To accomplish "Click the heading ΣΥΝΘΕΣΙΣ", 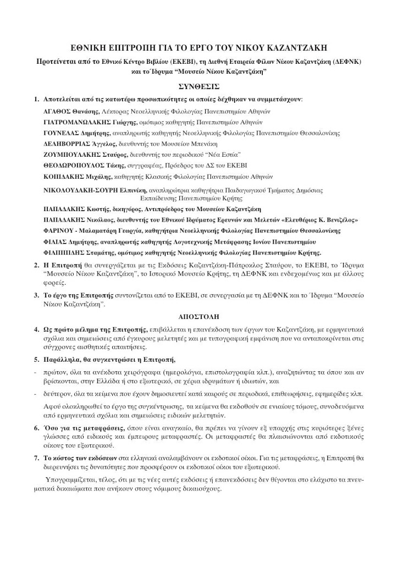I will (199, 86).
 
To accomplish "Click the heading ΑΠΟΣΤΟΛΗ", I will (199, 317).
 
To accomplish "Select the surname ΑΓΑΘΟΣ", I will (57, 111).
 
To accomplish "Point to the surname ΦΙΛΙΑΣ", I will (55, 241).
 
